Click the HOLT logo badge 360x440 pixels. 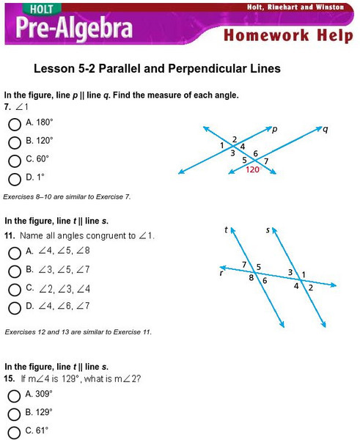coord(42,9)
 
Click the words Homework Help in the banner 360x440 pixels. coord(288,36)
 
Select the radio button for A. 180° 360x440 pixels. coord(15,125)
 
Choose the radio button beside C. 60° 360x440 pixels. coord(15,161)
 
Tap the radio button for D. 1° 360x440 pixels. coord(15,180)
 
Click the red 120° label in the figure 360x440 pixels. coord(254,169)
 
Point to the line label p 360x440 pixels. coord(275,129)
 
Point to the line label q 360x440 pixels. coord(326,129)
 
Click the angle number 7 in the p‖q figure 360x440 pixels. coord(266,161)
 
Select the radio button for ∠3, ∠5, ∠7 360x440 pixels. coord(15,271)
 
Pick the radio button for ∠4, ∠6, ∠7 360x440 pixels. coord(15,308)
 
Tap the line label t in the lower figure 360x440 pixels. coord(226,230)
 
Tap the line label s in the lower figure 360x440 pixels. coord(268,230)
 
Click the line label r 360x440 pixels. coord(221,273)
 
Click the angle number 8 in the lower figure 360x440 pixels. coord(251,278)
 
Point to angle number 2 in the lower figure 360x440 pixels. coord(311,287)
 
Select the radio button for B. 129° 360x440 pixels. coord(14,414)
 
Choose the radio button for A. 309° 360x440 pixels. coord(14,396)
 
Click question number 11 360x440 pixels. coord(10,235)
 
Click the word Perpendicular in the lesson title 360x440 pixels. coord(207,68)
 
